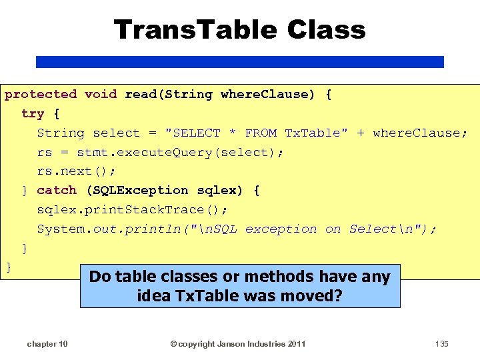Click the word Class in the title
(327, 30)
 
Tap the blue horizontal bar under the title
(239, 61)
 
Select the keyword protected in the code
(41, 95)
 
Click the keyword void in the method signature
(101, 95)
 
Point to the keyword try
(33, 114)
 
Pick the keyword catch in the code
(57, 191)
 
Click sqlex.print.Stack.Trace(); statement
(132, 210)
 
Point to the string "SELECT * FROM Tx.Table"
(256, 133)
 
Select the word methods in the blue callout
(279, 277)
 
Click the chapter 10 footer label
(47, 344)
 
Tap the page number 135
(441, 344)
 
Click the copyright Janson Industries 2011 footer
(238, 344)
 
